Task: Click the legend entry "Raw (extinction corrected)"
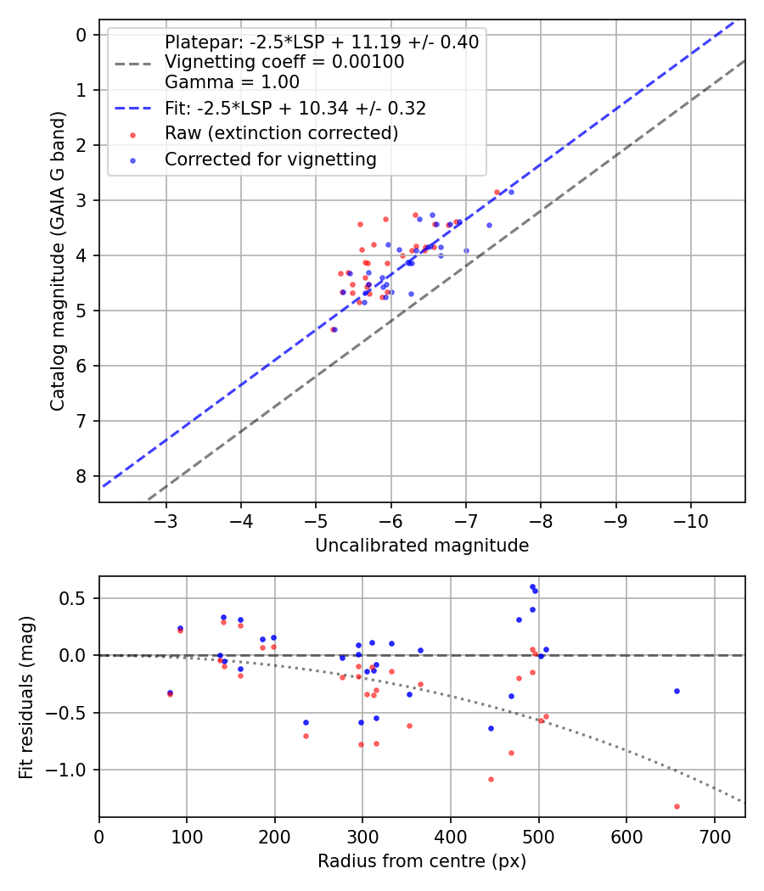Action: pyautogui.click(x=281, y=133)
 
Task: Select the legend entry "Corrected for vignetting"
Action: pyautogui.click(x=271, y=159)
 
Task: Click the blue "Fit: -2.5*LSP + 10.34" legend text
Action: pyautogui.click(x=295, y=108)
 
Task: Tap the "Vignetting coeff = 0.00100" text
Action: pyautogui.click(x=284, y=62)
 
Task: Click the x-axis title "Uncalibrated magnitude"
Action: pyautogui.click(x=422, y=546)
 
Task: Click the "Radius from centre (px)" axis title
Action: pyautogui.click(x=422, y=861)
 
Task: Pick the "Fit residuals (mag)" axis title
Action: pyautogui.click(x=26, y=696)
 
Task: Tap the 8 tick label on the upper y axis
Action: pyautogui.click(x=81, y=476)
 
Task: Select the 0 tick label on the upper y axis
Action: pyautogui.click(x=81, y=35)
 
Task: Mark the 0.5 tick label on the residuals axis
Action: pyautogui.click(x=76, y=598)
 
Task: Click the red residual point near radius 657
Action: pyautogui.click(x=677, y=806)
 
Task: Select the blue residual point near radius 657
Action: pyautogui.click(x=677, y=691)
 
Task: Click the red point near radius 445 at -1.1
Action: pyautogui.click(x=491, y=779)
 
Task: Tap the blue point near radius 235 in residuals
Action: pyautogui.click(x=306, y=722)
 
